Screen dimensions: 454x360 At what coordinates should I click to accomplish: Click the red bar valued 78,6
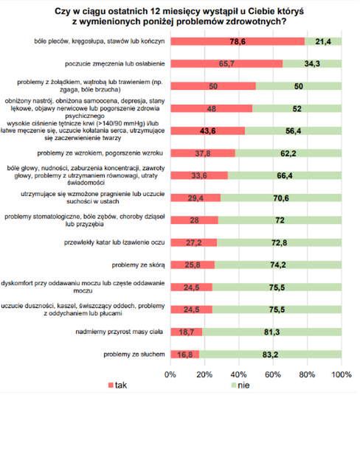pyautogui.click(x=237, y=41)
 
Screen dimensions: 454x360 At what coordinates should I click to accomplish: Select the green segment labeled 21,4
pyautogui.click(x=322, y=41)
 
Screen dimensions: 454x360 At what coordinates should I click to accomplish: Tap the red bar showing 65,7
pyautogui.click(x=226, y=64)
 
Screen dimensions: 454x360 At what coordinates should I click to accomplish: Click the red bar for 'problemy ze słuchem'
pyautogui.click(x=184, y=354)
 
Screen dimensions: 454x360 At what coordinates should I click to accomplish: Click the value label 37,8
pyautogui.click(x=202, y=153)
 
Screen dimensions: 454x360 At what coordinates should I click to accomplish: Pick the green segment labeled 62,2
pyautogui.click(x=288, y=153)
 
